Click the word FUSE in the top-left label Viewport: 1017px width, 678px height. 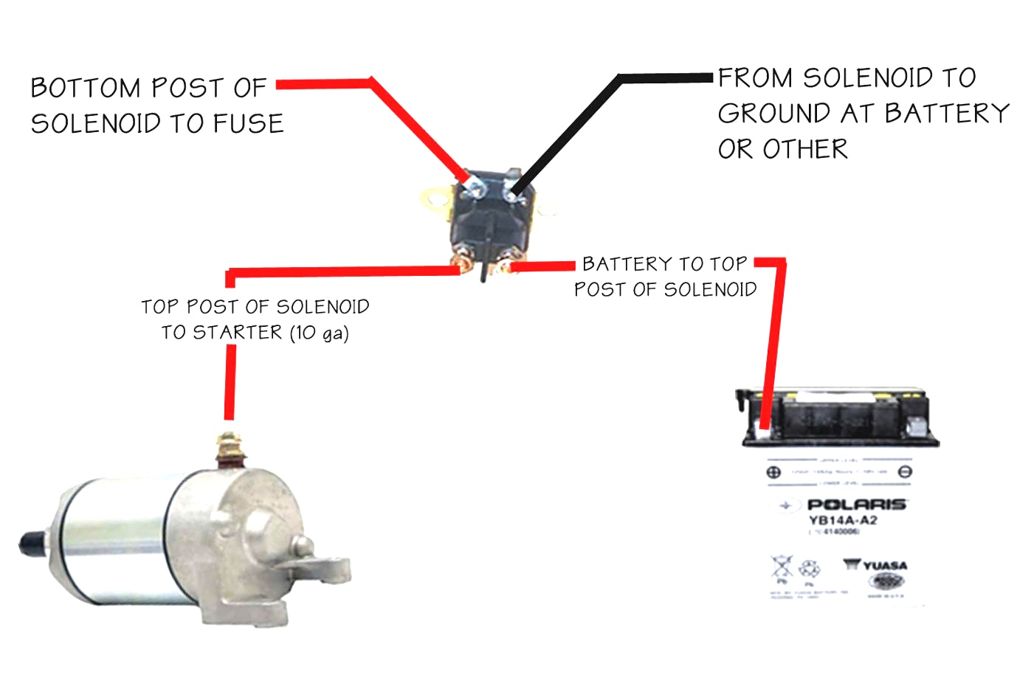[249, 123]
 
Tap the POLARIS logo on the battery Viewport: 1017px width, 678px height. [856, 505]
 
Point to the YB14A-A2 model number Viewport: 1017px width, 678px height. [843, 521]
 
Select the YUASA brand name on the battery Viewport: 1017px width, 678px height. [885, 566]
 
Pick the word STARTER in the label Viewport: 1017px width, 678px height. [238, 333]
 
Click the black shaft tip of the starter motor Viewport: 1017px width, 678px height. [28, 544]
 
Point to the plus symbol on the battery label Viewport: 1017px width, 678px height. [773, 472]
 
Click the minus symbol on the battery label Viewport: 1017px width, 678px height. [905, 472]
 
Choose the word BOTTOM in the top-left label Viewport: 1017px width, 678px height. [86, 89]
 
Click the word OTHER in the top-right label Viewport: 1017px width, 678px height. [805, 150]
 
